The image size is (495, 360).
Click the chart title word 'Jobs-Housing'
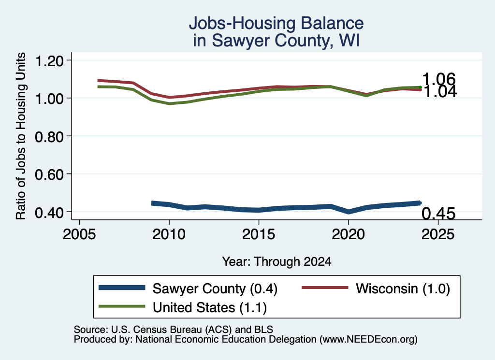coord(242,23)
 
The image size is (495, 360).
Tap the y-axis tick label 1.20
coord(49,61)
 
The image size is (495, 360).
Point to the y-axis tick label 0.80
coord(49,137)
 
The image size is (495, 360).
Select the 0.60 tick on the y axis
coord(49,174)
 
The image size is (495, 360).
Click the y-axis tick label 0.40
coord(49,212)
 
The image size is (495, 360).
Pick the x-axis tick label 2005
coord(80,234)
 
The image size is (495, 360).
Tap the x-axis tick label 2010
coord(169,234)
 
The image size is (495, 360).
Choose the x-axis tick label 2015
coord(259,234)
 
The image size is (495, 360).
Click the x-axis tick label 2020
coord(348,234)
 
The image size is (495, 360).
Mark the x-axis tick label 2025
coord(438,234)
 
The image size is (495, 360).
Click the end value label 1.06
coord(439,79)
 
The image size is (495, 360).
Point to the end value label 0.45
coord(439,214)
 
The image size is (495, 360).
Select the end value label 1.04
coord(440,92)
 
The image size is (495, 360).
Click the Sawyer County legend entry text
coord(215,288)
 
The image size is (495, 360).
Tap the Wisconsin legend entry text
coord(403,288)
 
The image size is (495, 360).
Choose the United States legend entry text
coord(210,307)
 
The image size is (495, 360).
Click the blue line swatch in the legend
coord(122,288)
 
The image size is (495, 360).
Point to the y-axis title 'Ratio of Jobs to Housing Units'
coord(21,136)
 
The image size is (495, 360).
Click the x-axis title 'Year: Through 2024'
coord(277,261)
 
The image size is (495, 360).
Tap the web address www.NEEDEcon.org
coord(368,340)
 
